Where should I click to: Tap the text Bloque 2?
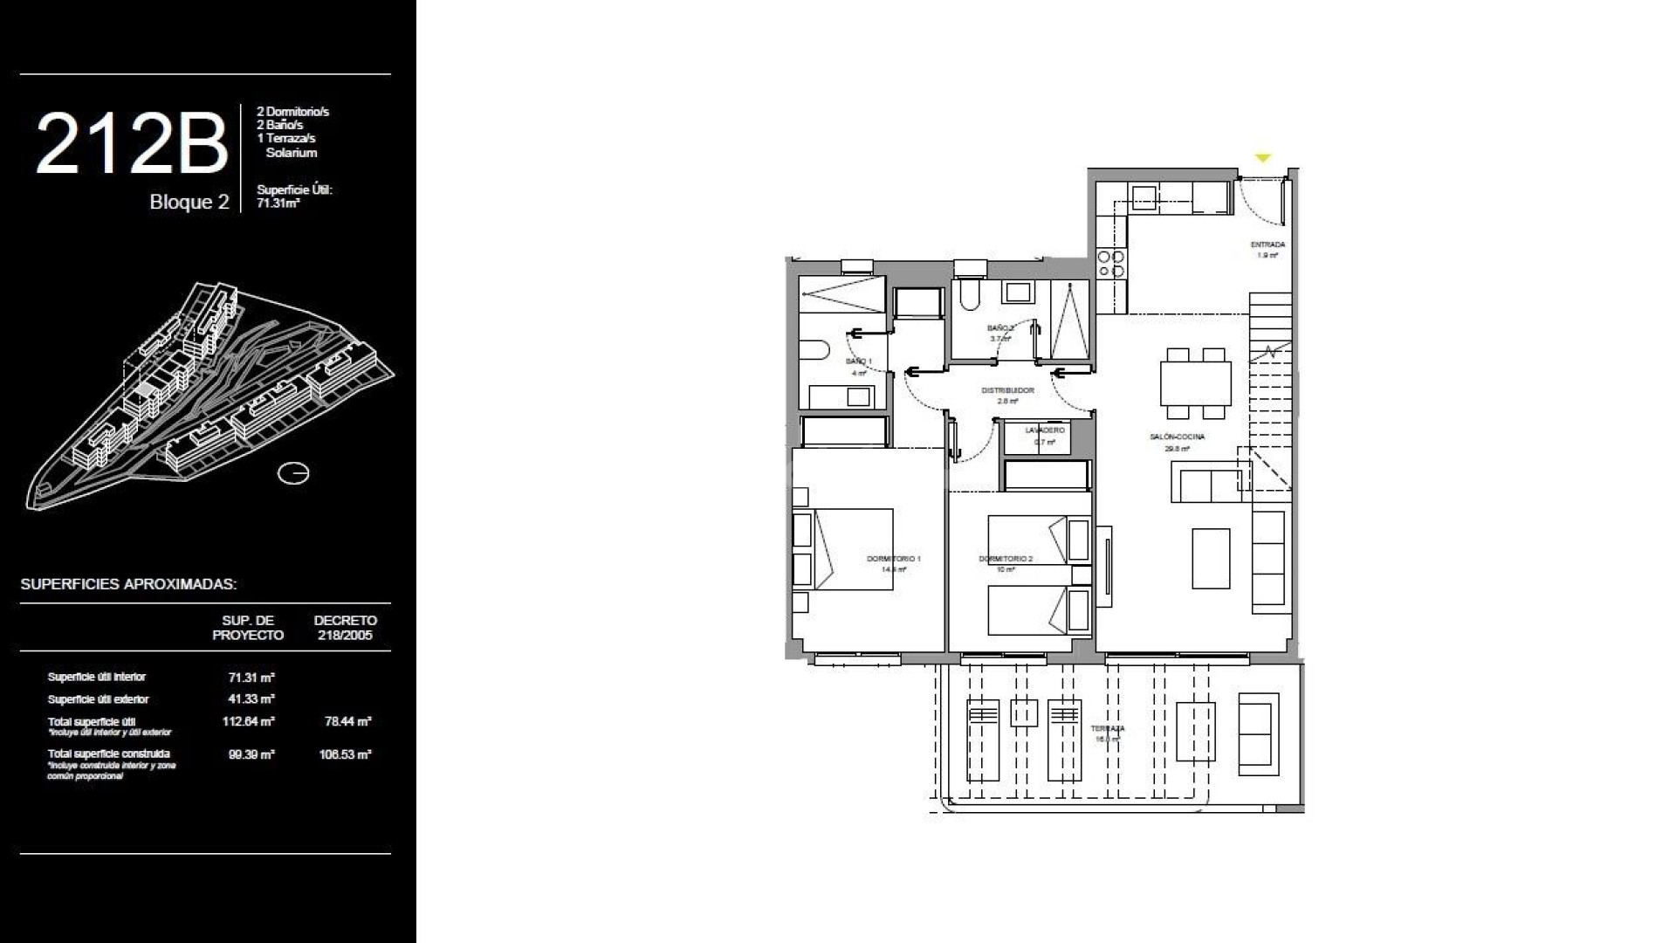pos(189,203)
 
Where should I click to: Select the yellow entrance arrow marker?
pos(1262,158)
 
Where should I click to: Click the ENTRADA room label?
pos(1267,245)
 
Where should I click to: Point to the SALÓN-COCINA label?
pos(1178,437)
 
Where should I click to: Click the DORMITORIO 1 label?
pos(893,559)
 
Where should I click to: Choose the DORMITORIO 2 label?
pos(1006,559)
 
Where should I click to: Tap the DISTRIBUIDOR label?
pos(1007,390)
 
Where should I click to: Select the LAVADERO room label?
pos(1045,430)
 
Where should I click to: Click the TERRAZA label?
pos(1107,728)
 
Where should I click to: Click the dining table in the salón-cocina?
pos(1195,383)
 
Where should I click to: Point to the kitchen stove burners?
pos(1110,264)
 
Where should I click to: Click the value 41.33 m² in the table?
pos(251,699)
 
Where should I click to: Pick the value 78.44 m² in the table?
pos(347,722)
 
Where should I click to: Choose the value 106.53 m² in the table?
pos(345,754)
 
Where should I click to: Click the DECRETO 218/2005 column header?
pos(345,628)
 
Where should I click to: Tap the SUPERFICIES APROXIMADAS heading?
pos(128,584)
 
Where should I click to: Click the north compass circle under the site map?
pos(293,473)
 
